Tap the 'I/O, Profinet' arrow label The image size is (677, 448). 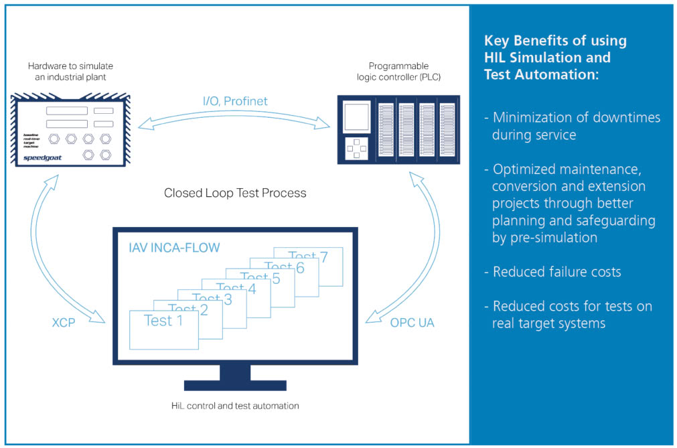pos(235,101)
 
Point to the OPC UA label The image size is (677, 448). pos(412,323)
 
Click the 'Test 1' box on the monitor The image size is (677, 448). pos(163,328)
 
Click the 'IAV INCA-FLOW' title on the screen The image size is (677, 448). pos(174,248)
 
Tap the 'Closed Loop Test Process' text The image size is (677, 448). pos(235,193)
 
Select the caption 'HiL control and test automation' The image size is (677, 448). pos(235,405)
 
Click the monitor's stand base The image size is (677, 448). pos(235,385)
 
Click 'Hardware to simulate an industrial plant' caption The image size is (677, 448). pos(70,71)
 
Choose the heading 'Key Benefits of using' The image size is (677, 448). pos(555,40)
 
